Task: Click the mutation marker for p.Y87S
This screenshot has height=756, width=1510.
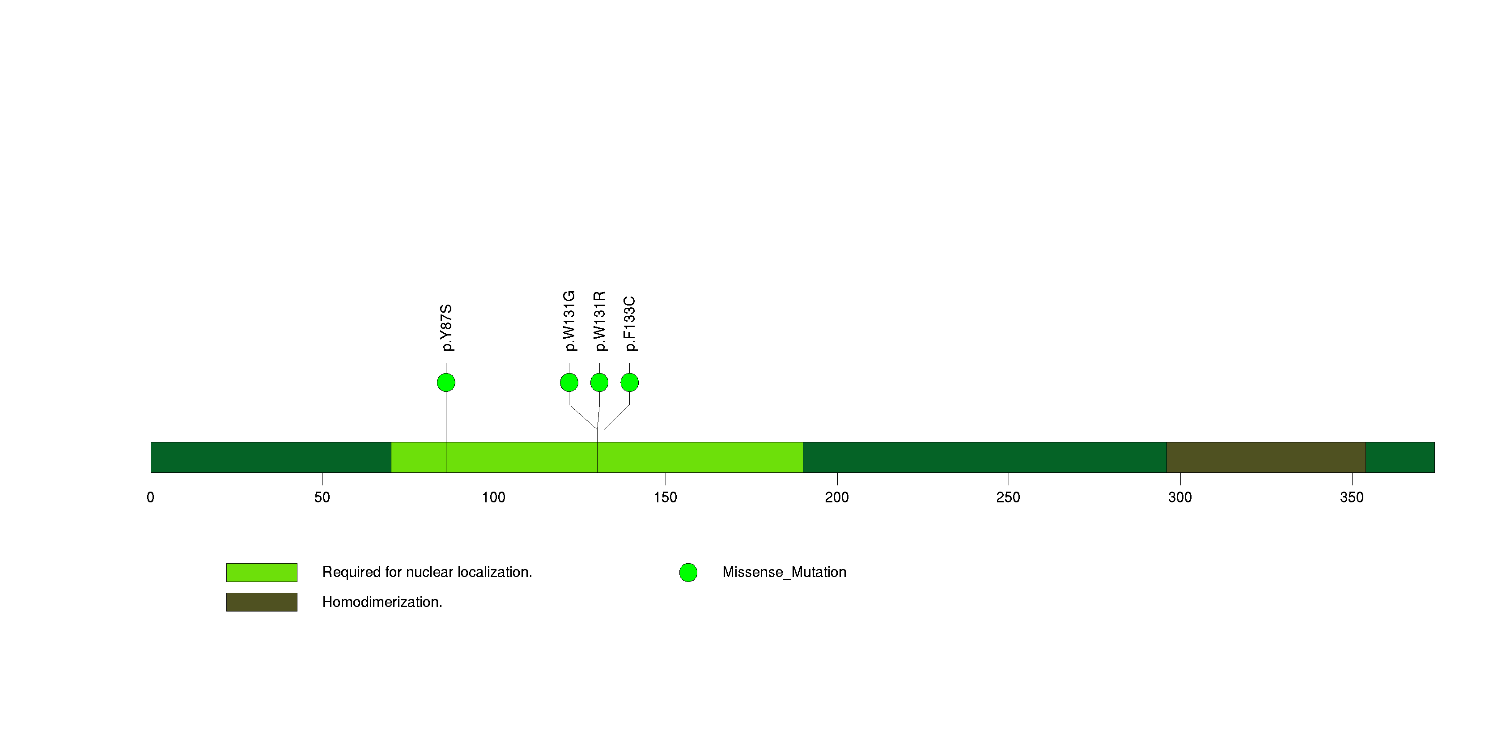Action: click(x=446, y=382)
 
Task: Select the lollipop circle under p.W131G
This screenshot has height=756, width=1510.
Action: click(x=569, y=382)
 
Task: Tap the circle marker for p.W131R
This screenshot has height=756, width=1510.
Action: click(x=599, y=382)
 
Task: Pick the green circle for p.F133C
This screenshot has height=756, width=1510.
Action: click(x=630, y=382)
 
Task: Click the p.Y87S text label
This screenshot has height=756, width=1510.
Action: click(x=446, y=327)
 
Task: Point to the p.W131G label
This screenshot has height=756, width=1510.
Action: click(x=569, y=321)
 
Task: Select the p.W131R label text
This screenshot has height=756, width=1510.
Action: click(x=599, y=321)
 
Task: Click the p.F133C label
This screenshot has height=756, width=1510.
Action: click(x=630, y=323)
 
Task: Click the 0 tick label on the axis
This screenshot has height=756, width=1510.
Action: click(x=151, y=497)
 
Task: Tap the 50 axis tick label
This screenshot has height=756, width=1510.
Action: click(x=322, y=497)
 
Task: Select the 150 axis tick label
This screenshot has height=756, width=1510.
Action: click(x=665, y=497)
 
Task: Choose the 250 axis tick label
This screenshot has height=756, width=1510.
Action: click(x=1008, y=497)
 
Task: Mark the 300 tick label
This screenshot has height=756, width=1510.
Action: click(x=1180, y=497)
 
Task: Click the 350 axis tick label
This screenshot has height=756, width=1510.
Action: click(x=1352, y=497)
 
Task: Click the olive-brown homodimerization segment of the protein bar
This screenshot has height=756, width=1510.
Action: click(x=1266, y=457)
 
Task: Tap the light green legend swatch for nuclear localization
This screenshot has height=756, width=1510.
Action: click(x=262, y=573)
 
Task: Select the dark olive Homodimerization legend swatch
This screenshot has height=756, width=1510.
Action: click(x=262, y=602)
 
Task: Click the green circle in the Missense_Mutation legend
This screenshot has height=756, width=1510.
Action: click(x=688, y=573)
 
